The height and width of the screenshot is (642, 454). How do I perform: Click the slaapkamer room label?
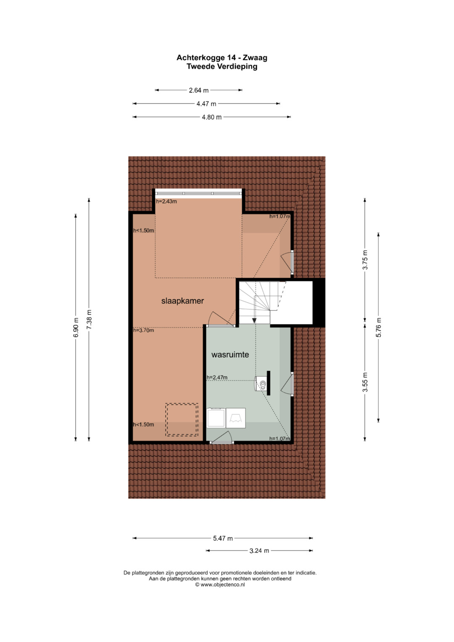point(182,301)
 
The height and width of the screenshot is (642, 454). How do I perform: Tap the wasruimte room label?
point(230,354)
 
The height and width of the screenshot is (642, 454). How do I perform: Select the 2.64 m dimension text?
point(198,90)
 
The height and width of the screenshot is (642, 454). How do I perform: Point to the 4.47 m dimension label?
point(206,104)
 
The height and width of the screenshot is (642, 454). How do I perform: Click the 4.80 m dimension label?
point(212,117)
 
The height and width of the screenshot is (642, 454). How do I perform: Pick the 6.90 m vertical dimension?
point(76,327)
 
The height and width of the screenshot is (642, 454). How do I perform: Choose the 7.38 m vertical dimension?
point(89,320)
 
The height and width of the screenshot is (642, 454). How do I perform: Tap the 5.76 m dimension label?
point(379,327)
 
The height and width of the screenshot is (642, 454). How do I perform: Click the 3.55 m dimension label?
point(365,382)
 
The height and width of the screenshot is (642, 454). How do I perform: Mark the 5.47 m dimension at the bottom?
point(223,538)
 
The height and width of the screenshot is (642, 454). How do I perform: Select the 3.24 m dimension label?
point(259,551)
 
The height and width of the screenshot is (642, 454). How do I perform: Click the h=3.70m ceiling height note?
point(143,330)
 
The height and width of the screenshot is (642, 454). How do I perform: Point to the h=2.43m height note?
point(166,201)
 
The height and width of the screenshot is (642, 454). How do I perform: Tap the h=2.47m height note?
point(217,378)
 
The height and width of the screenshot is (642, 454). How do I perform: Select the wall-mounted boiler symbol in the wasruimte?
point(261,383)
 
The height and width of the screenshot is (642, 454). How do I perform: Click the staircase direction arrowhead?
point(254,320)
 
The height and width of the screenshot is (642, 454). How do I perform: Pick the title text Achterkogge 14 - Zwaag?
point(222,58)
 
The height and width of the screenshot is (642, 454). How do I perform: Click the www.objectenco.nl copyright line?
point(220,585)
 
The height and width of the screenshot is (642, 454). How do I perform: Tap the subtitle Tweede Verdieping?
point(222,66)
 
